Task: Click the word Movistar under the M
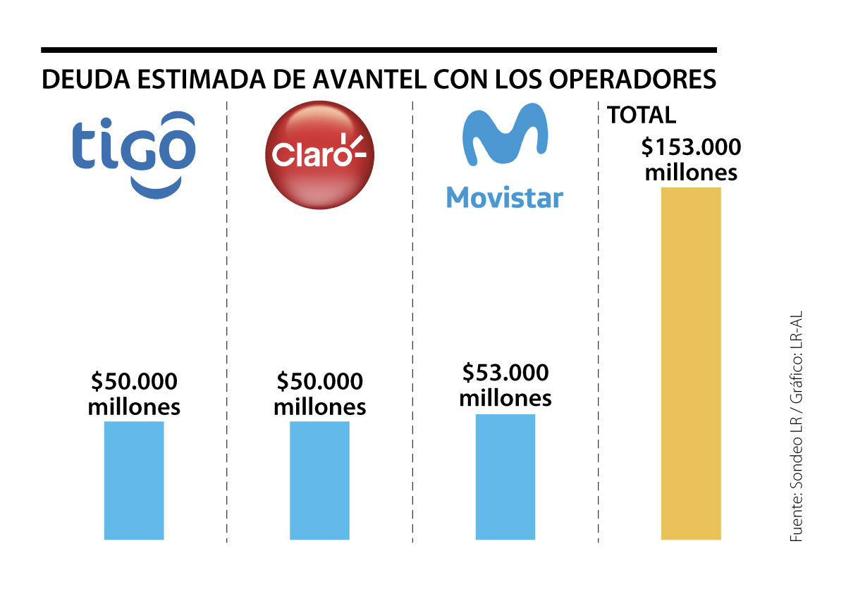505,197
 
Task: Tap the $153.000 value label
691,149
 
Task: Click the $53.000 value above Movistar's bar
505,373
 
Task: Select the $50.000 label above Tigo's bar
134,382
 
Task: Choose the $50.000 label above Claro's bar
319,382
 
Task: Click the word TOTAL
641,115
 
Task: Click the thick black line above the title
379,50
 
